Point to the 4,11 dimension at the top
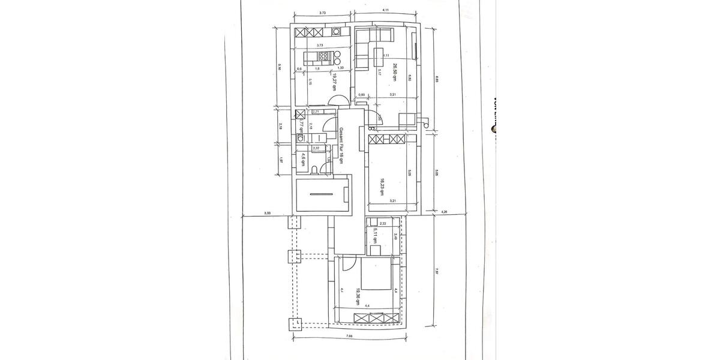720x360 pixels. click(386, 10)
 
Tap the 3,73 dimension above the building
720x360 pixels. click(322, 12)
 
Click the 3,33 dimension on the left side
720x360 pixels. click(267, 212)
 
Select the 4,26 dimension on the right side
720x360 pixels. click(445, 212)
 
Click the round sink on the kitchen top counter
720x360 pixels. click(338, 31)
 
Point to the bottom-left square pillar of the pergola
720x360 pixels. click(295, 324)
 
